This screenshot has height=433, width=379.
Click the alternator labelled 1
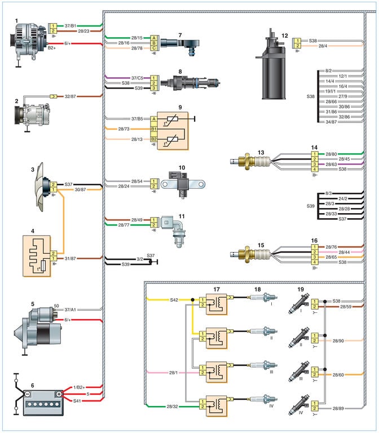coord(24,42)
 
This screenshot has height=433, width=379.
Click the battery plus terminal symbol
coord(59,394)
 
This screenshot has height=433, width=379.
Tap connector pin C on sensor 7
coord(153,48)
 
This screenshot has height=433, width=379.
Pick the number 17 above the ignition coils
coord(217,290)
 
